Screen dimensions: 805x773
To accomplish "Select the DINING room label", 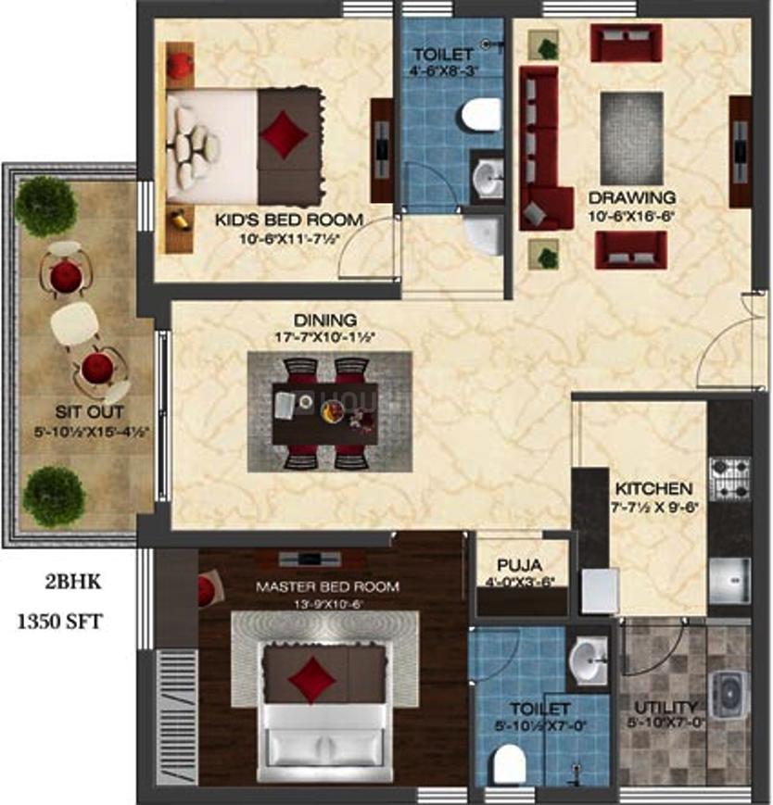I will pos(328,320).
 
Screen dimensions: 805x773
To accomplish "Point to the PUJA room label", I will pos(519,565).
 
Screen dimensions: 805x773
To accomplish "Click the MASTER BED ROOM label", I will pos(327,586).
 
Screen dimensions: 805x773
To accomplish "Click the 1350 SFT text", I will pos(60,622).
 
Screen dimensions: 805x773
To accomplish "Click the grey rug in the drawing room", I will pos(632,137).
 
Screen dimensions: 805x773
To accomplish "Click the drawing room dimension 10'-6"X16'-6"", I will pos(636,216).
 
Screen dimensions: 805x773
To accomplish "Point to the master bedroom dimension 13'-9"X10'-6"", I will pos(327,603).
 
